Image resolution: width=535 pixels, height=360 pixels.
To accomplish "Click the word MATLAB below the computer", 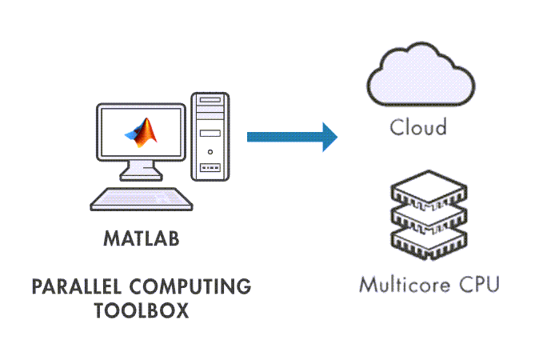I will [142, 238].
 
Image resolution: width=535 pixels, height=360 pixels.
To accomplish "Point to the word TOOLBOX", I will [141, 310].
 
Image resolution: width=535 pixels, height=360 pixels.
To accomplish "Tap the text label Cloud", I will [418, 127].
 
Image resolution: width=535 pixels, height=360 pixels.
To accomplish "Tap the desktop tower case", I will [210, 136].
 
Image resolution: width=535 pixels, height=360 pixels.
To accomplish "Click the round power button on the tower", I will [210, 151].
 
